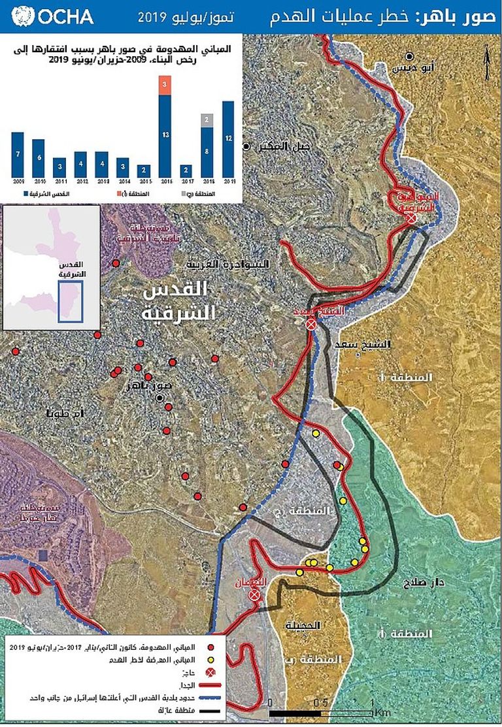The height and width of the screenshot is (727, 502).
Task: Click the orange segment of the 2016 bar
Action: (165, 86)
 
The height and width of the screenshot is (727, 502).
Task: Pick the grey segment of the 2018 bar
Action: (206, 120)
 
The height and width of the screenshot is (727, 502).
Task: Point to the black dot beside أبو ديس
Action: (410, 56)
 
